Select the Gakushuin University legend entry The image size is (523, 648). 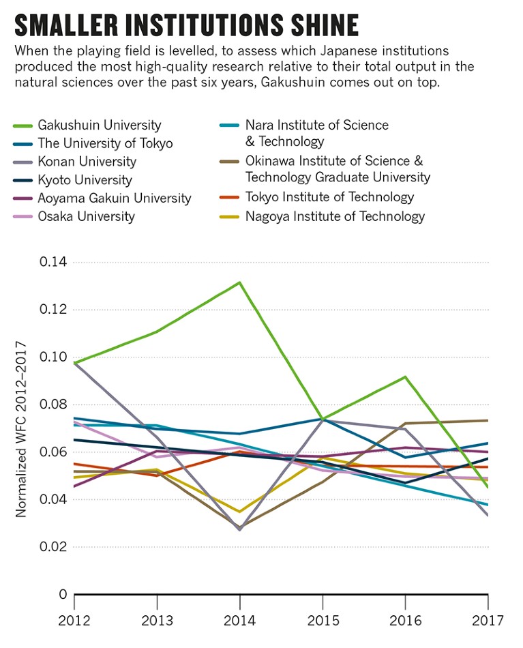(x=100, y=126)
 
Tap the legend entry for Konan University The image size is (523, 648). (x=87, y=162)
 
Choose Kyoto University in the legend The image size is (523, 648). (x=85, y=181)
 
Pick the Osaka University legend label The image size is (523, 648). (x=87, y=217)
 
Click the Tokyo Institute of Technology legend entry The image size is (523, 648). (x=329, y=198)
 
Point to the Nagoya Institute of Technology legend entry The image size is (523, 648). (x=335, y=217)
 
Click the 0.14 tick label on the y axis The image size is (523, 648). (x=54, y=263)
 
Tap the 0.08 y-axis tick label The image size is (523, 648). (x=54, y=405)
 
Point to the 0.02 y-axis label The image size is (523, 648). (x=54, y=547)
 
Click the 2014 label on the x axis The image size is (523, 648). (x=240, y=621)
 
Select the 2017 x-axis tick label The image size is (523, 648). (x=488, y=621)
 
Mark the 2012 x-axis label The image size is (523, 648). (x=75, y=621)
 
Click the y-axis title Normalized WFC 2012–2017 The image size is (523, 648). (x=22, y=428)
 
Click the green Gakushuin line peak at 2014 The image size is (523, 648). (x=240, y=282)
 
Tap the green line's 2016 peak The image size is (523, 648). (x=406, y=377)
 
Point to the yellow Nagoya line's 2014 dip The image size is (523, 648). (x=240, y=512)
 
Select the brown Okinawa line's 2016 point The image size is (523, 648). (x=406, y=424)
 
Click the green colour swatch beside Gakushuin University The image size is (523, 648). (x=24, y=126)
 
